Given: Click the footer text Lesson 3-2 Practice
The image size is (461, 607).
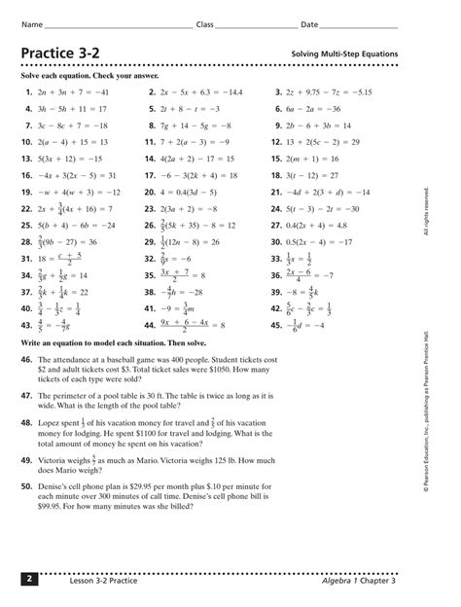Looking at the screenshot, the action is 97,581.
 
